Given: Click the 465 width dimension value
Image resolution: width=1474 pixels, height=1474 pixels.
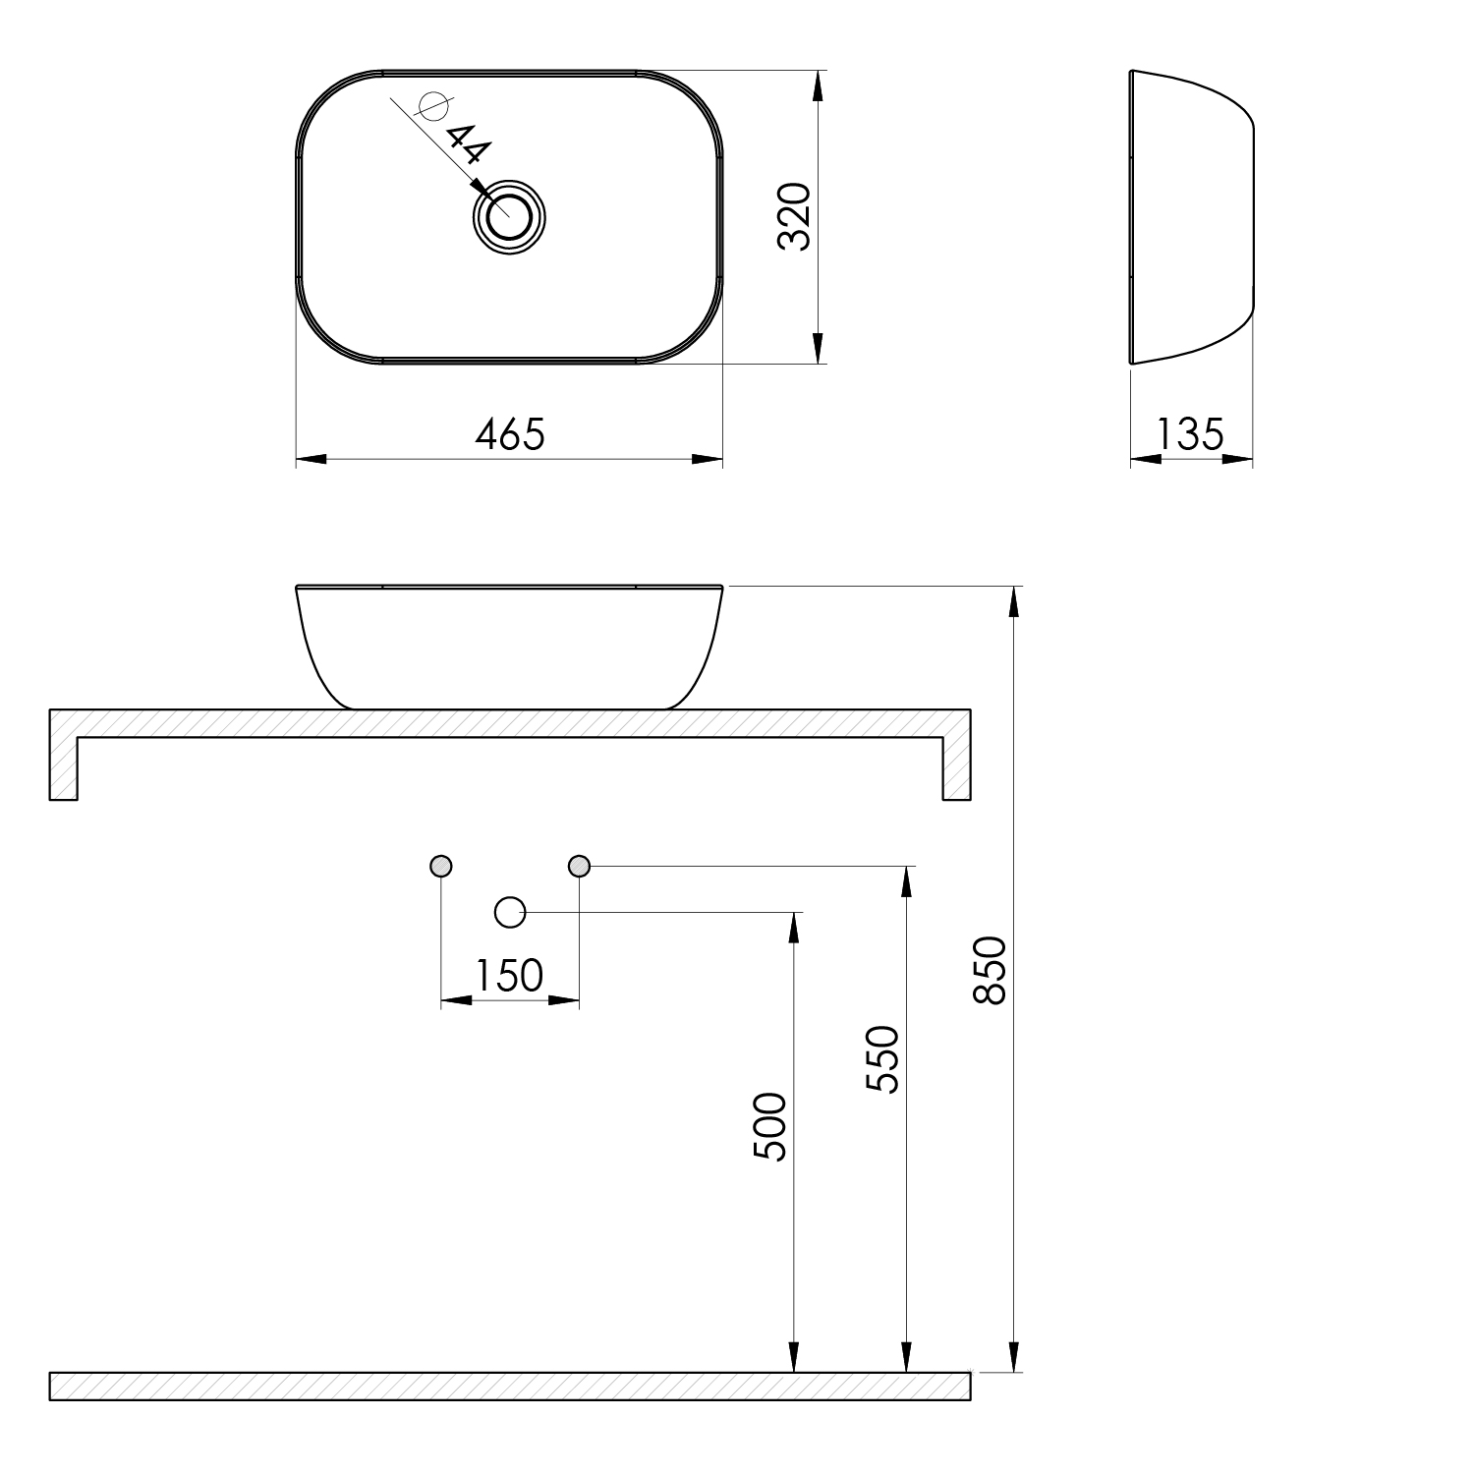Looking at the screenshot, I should pos(509,434).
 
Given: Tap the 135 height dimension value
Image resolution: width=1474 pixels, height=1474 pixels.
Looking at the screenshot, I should pos(1190,433).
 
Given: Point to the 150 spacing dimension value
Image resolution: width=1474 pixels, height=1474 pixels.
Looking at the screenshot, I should pos(509,976).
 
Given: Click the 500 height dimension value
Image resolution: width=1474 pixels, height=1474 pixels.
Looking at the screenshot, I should pos(770,1126).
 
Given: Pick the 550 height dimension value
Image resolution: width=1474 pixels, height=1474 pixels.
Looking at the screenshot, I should pos(882,1059).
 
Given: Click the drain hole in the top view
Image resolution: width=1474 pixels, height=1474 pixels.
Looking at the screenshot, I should pos(509,217).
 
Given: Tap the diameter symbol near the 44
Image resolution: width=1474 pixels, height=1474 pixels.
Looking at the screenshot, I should pos(432,105).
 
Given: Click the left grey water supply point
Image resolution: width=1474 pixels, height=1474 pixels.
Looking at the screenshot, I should pos(441,866).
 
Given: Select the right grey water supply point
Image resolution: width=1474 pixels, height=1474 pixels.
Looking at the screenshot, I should pos(579,866).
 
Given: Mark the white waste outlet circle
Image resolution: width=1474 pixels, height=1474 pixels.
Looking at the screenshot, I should pos(509,913).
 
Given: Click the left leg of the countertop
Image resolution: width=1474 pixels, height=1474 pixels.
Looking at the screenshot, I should pos(63,766).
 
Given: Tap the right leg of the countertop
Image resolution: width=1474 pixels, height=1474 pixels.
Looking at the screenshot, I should pos(956,766).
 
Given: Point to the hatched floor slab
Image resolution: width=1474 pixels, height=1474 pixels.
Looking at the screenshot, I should pos(509,1386).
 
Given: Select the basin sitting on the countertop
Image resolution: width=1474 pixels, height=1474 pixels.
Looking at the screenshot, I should pos(509,644).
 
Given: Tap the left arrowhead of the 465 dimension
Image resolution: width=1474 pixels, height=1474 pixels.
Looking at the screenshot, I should pos(311,459).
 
